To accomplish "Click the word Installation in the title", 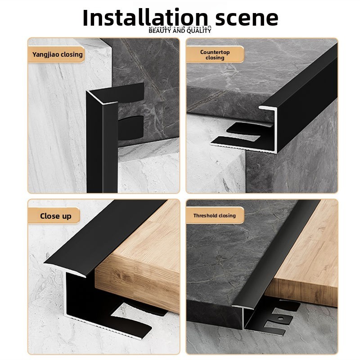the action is point(145,18).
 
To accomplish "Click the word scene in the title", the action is point(247,18).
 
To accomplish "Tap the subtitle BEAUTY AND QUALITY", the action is point(180,31).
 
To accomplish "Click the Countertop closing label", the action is point(215,54).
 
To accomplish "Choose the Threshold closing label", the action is point(215,216).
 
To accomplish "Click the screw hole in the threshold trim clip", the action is point(280,319).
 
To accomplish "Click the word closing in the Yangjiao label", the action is point(72,54).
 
